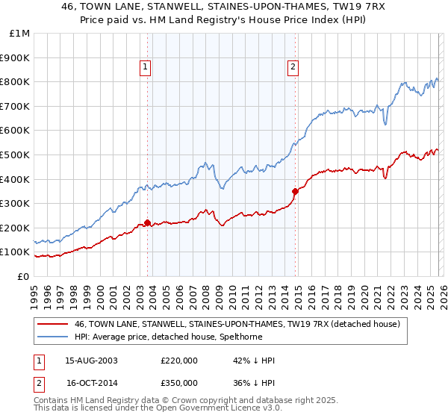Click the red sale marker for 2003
click(x=147, y=222)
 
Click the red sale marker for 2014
click(x=295, y=191)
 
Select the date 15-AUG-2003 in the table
click(x=91, y=361)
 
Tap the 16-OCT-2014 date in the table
click(x=91, y=383)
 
